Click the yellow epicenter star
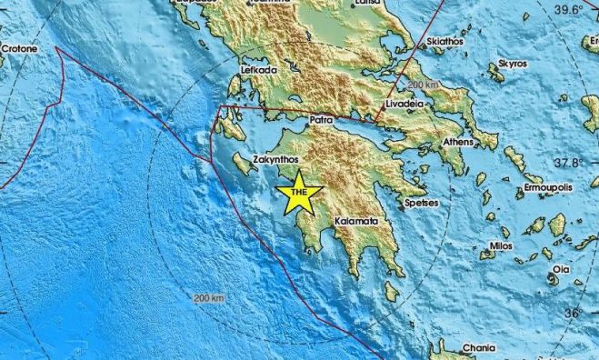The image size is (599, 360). pyautogui.click(x=301, y=193)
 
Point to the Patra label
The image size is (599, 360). pyautogui.click(x=320, y=118)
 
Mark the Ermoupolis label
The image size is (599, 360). pyautogui.click(x=547, y=189)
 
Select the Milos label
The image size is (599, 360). pyautogui.click(x=501, y=245)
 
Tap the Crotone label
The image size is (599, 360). pyautogui.click(x=18, y=48)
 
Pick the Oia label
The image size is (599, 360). pyautogui.click(x=563, y=269)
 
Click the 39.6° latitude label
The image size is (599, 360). pyautogui.click(x=568, y=9)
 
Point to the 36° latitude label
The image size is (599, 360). pyautogui.click(x=573, y=314)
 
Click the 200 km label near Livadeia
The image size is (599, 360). pyautogui.click(x=424, y=84)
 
